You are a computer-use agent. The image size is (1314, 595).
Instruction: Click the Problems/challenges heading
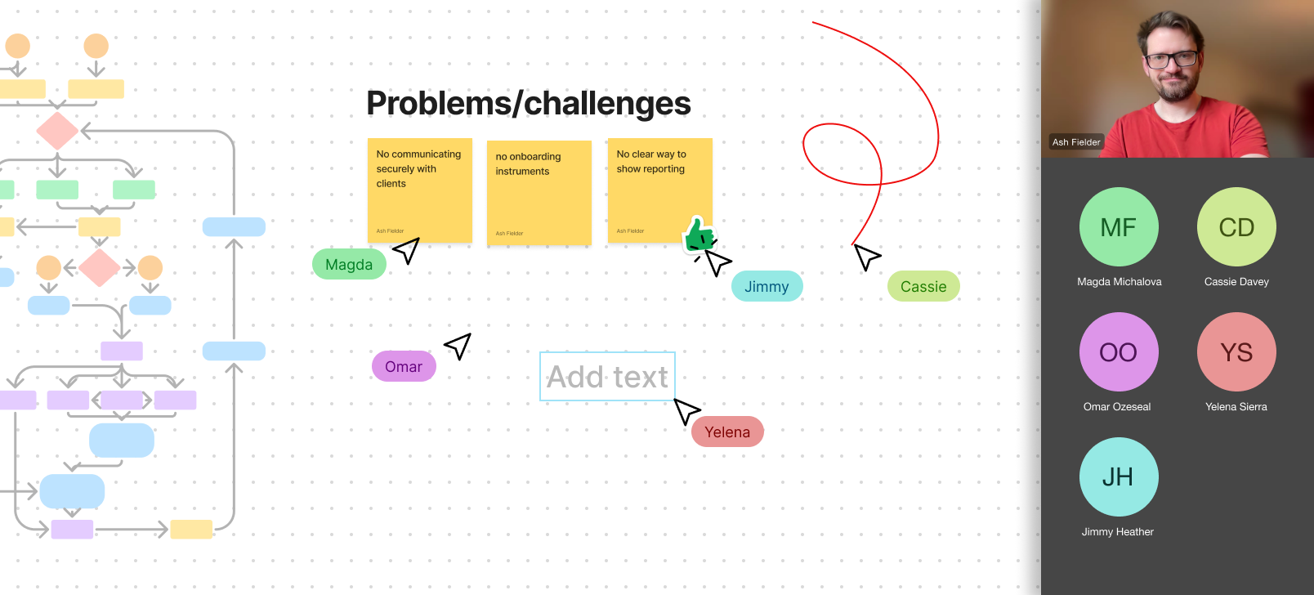(x=528, y=104)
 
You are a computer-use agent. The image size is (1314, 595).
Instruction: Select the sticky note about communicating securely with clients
(x=419, y=190)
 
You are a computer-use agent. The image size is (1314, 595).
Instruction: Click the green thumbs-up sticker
(x=699, y=235)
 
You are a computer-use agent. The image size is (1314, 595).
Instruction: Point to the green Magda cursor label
(x=349, y=265)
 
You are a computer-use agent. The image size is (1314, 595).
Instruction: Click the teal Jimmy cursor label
(x=766, y=287)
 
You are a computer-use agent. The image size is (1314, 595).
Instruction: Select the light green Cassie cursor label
(x=923, y=287)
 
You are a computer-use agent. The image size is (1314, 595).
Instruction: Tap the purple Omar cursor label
(x=404, y=367)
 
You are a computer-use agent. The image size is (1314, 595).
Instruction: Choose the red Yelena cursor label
(x=727, y=432)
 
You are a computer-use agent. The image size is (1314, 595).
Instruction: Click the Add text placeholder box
(x=607, y=377)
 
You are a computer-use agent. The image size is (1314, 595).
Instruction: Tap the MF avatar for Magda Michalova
(x=1119, y=227)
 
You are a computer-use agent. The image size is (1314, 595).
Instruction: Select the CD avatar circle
(x=1236, y=227)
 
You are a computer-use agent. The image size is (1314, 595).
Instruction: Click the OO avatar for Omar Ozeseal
(x=1119, y=352)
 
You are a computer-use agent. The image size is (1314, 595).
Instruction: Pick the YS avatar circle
(x=1236, y=352)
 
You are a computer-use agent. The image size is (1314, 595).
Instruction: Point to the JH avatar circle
(x=1119, y=477)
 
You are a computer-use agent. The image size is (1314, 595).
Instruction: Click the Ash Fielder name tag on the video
(x=1076, y=142)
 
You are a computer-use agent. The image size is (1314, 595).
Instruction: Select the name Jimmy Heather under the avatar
(x=1118, y=532)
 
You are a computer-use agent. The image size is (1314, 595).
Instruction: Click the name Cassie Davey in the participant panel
(x=1236, y=282)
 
